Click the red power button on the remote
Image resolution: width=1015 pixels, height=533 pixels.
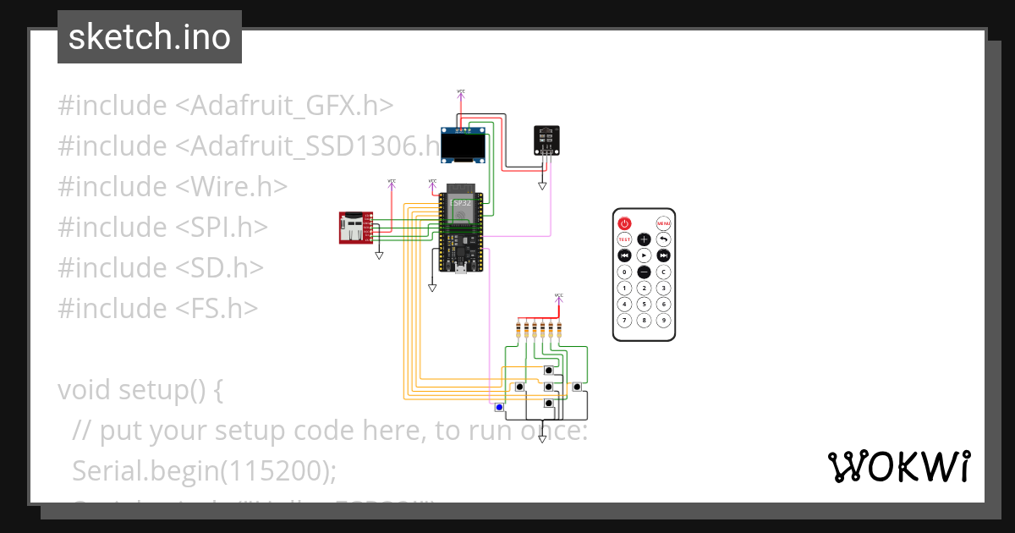click(x=624, y=223)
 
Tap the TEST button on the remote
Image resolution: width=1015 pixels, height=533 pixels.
click(x=624, y=239)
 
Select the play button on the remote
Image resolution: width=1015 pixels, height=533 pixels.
click(x=644, y=255)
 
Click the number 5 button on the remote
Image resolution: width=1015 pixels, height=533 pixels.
click(x=644, y=304)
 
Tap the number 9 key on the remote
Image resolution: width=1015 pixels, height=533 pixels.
click(x=664, y=320)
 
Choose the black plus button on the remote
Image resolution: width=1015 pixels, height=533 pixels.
click(x=644, y=239)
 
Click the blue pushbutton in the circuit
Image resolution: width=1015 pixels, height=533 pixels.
click(x=499, y=408)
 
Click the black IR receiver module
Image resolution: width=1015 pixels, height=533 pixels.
click(x=546, y=139)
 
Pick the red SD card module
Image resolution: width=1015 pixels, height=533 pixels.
click(x=351, y=228)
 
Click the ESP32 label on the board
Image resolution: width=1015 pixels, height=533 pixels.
click(x=460, y=203)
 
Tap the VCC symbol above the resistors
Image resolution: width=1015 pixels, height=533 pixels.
click(x=558, y=297)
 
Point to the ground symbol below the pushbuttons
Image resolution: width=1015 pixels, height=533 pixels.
click(x=543, y=439)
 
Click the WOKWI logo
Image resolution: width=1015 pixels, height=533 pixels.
click(x=898, y=467)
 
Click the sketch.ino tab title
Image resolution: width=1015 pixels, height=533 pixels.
click(x=150, y=37)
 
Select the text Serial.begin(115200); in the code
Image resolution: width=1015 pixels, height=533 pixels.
click(x=200, y=470)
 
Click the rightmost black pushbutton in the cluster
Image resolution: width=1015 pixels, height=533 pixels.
click(x=577, y=387)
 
